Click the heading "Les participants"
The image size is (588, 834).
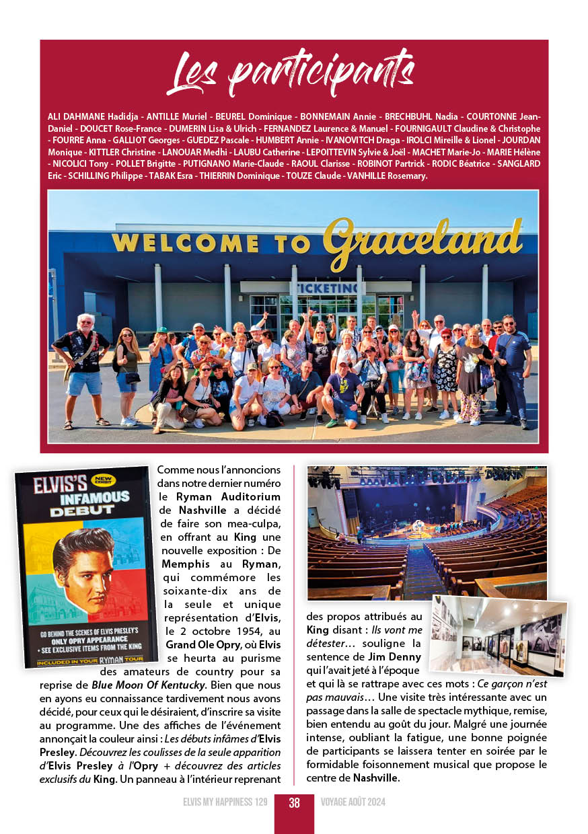pyautogui.click(x=290, y=73)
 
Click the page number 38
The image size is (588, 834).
pyautogui.click(x=294, y=802)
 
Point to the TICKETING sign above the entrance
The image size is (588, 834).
pyautogui.click(x=324, y=288)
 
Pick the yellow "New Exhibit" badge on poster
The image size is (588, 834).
pyautogui.click(x=105, y=480)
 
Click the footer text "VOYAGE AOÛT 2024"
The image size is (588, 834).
pyautogui.click(x=353, y=802)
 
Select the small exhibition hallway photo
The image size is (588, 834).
pyautogui.click(x=499, y=636)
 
